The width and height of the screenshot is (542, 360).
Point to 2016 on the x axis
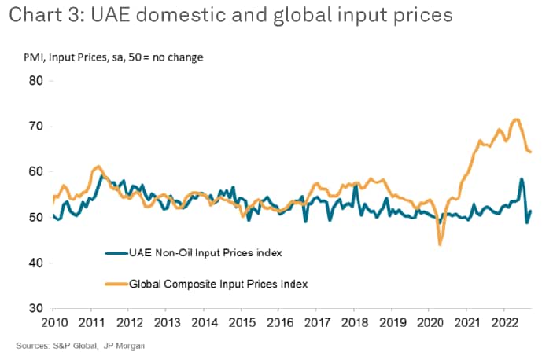click(280, 323)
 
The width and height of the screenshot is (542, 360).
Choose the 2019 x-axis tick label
click(393, 323)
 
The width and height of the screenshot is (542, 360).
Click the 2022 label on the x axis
click(505, 323)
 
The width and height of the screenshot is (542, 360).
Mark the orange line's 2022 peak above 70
click(516, 119)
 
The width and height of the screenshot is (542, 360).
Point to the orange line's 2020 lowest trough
click(440, 244)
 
